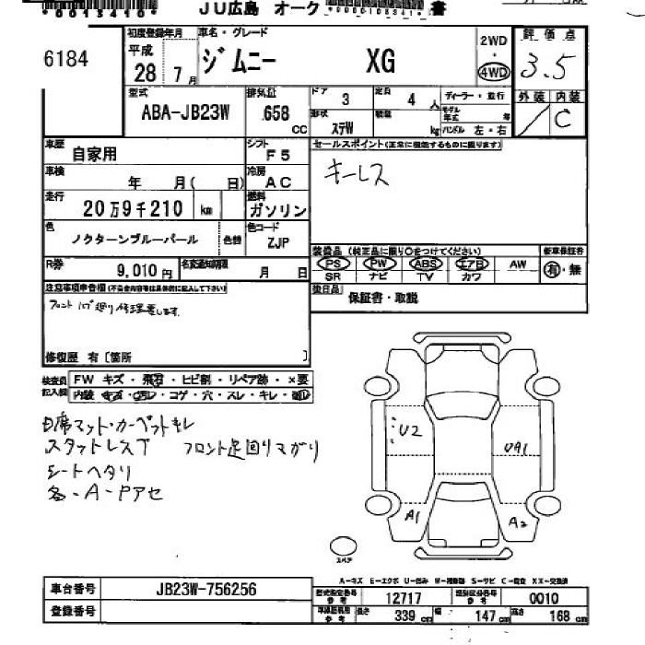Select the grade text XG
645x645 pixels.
point(380,61)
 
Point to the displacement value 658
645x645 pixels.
point(275,113)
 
